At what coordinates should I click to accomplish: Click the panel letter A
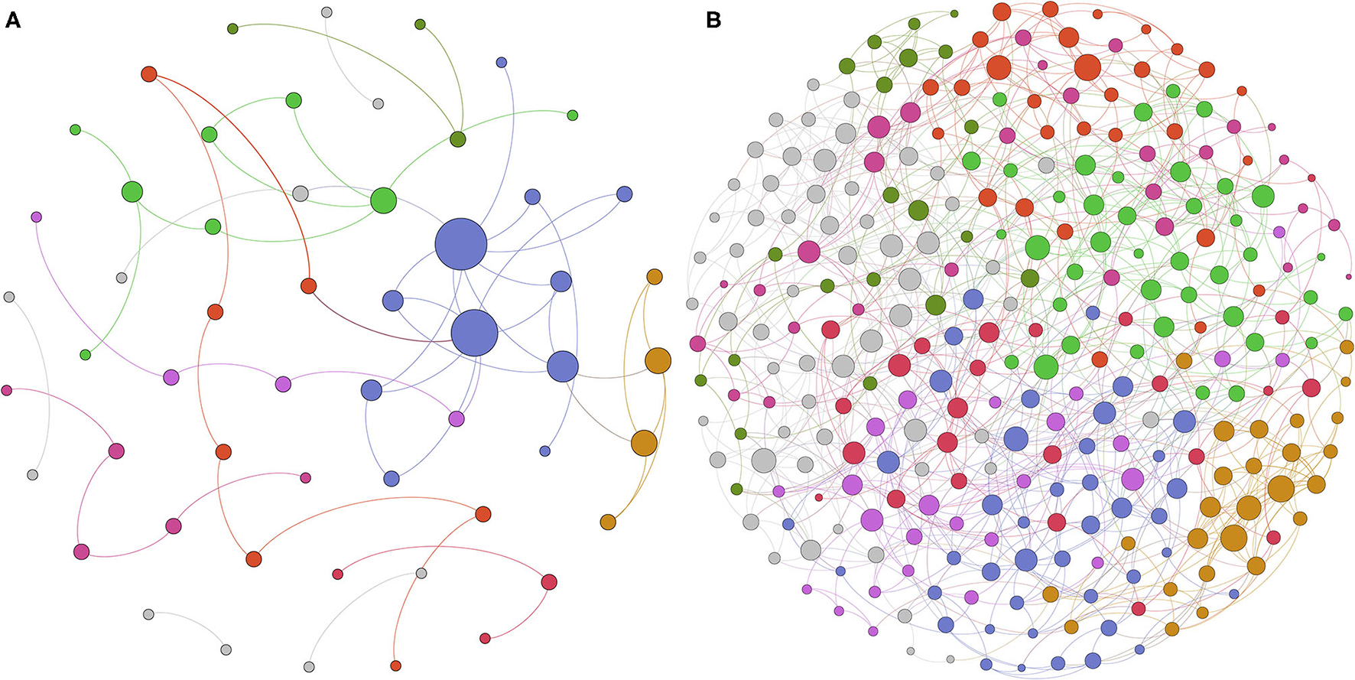12,21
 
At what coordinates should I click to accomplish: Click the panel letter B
713,21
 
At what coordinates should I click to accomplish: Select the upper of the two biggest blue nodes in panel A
461,244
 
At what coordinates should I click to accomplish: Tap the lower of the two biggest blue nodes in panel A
474,333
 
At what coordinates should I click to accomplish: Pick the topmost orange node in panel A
655,276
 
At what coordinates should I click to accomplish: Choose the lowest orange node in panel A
608,522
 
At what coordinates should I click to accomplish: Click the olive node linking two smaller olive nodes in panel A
457,139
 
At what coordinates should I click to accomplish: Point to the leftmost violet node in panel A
36,216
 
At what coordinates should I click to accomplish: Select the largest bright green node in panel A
383,201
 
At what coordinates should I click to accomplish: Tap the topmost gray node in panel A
327,12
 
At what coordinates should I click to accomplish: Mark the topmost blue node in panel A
502,62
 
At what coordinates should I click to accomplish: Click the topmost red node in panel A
149,74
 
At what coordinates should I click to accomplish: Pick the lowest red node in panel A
395,665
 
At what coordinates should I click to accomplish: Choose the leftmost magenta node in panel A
6,390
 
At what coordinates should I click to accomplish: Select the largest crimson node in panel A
548,582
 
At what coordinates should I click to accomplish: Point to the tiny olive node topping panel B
954,13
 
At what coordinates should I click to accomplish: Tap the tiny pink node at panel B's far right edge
1348,277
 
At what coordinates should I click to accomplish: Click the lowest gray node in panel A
309,667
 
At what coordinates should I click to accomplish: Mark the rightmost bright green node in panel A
573,116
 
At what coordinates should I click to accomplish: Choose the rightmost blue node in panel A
625,194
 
